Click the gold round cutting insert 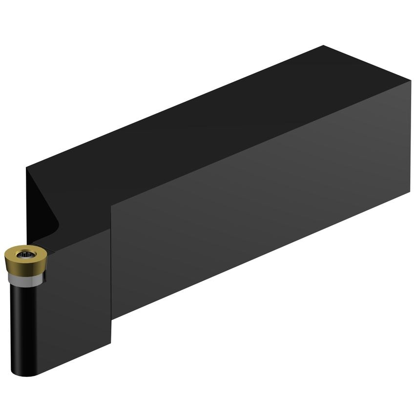24,258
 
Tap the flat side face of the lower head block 78,303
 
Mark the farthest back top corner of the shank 323,46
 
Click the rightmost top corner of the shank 411,81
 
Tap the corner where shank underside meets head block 112,319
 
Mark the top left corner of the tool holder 27,167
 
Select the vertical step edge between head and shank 111,264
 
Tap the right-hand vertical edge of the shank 410,137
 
